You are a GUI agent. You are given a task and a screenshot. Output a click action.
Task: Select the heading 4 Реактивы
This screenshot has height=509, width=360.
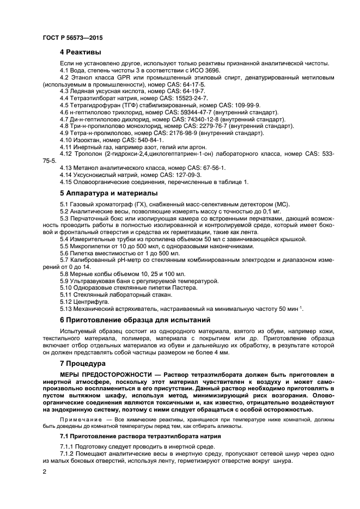click(x=80, y=53)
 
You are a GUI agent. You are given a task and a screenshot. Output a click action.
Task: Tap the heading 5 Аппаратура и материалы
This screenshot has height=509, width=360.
click(x=108, y=193)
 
